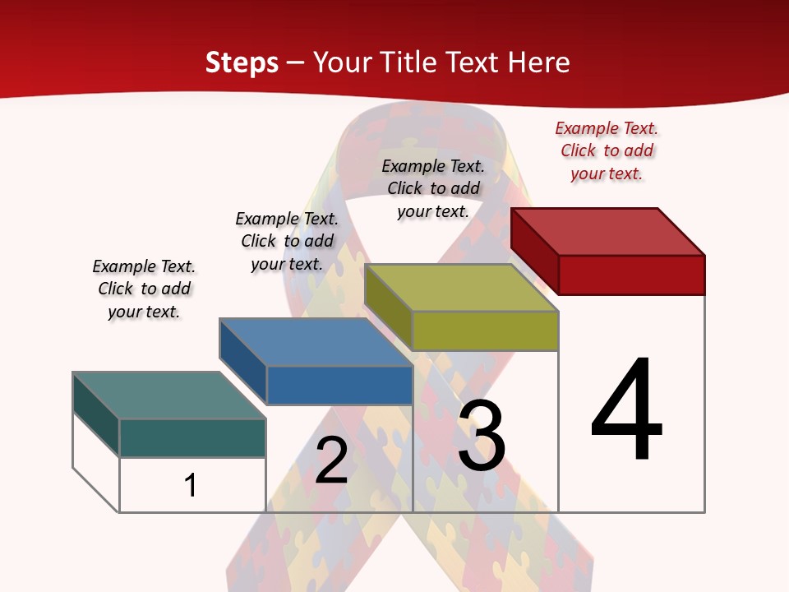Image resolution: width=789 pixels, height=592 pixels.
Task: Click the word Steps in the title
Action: tap(242, 62)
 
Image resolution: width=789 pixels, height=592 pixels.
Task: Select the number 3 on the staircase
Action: tap(482, 437)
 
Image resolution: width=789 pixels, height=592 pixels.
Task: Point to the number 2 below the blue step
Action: tap(331, 461)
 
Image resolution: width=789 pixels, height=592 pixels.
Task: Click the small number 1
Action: tap(191, 485)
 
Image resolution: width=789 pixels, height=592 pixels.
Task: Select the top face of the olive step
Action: tap(461, 288)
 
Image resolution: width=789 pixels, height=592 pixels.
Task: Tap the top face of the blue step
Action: tap(316, 342)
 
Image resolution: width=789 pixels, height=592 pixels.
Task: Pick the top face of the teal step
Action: tap(168, 395)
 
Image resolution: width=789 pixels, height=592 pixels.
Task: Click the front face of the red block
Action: tap(631, 275)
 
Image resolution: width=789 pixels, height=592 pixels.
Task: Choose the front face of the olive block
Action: tap(485, 331)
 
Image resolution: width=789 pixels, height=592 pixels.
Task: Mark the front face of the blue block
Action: tap(339, 385)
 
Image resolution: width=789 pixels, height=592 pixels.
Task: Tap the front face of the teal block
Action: tap(192, 437)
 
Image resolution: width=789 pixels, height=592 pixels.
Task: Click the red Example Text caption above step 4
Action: tap(607, 150)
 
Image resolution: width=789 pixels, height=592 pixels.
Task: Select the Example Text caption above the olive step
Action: tap(433, 188)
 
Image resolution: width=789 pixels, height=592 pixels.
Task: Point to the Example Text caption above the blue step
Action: tap(287, 241)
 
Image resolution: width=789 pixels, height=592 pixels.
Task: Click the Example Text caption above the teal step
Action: tap(144, 289)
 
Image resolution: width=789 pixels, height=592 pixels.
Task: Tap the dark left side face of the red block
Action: tap(534, 251)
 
